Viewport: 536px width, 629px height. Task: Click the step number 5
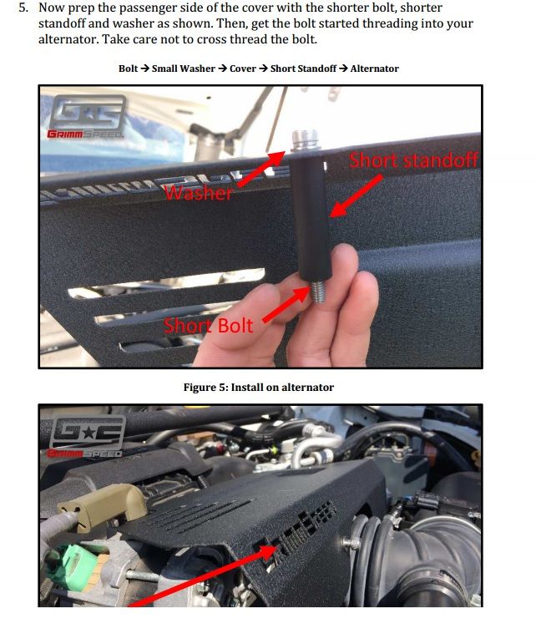pyautogui.click(x=23, y=8)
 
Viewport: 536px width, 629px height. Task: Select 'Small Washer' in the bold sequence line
pyautogui.click(x=183, y=68)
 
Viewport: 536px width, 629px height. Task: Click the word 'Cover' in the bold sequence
pyautogui.click(x=243, y=68)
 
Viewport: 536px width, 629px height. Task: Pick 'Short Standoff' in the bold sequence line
pyautogui.click(x=303, y=68)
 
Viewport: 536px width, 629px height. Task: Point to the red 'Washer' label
pyautogui.click(x=198, y=193)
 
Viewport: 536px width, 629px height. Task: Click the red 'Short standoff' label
pyautogui.click(x=413, y=160)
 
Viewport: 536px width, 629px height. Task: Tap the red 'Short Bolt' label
pyautogui.click(x=208, y=325)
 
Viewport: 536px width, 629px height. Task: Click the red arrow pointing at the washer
pyautogui.click(x=261, y=169)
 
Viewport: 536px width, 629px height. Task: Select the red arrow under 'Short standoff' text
pyautogui.click(x=355, y=196)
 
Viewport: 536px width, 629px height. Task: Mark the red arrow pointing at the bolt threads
pyautogui.click(x=286, y=304)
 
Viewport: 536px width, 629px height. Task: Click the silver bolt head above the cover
pyautogui.click(x=305, y=139)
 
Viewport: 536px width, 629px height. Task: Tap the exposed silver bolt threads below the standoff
pyautogui.click(x=318, y=292)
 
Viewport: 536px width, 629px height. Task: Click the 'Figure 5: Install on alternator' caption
pyautogui.click(x=259, y=387)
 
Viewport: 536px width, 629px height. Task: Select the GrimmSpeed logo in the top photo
pyautogui.click(x=86, y=117)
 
